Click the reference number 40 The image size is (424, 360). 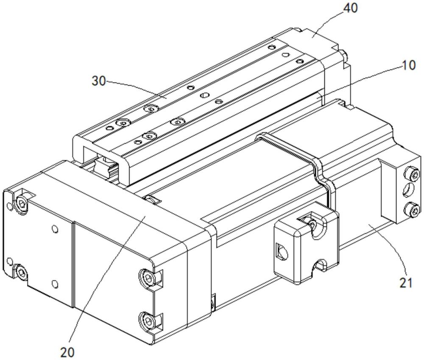coord(350,8)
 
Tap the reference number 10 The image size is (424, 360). coord(408,65)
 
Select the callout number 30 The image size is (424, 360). coord(98,81)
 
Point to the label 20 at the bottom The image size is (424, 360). coord(67,352)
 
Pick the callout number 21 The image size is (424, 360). coord(406,283)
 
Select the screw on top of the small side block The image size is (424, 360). coord(312,224)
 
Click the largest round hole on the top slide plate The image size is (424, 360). coord(204,95)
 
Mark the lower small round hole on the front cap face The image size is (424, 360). coord(55,284)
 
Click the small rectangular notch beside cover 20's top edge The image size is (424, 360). coord(153,200)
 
